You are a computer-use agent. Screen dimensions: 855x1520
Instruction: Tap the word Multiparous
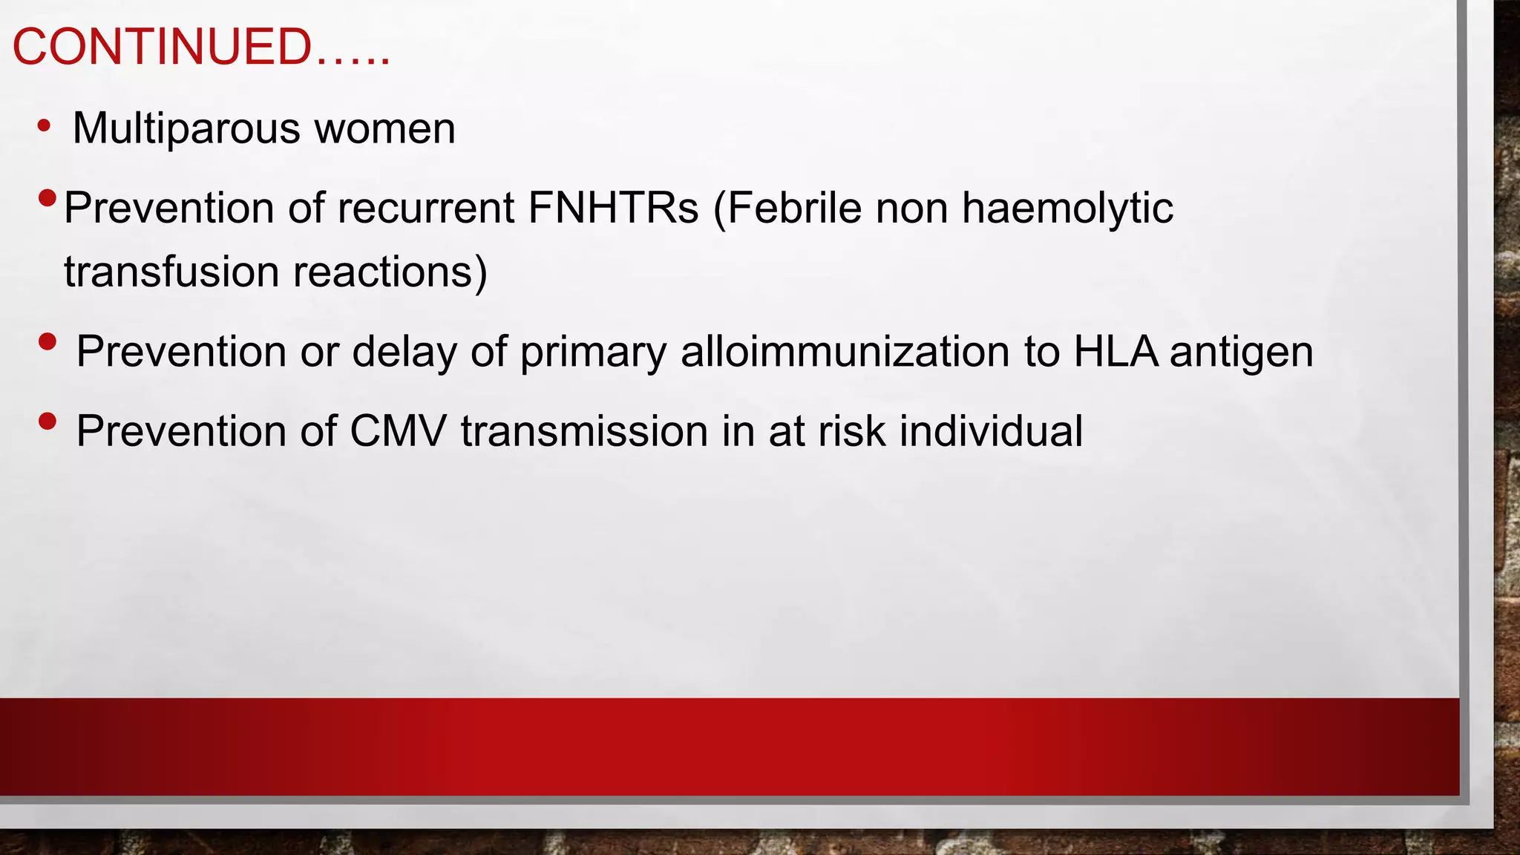(x=186, y=128)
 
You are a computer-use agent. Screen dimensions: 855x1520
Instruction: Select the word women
(x=384, y=128)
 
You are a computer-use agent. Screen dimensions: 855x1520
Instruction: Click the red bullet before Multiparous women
(x=45, y=125)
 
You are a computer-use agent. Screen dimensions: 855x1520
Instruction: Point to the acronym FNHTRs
(x=613, y=208)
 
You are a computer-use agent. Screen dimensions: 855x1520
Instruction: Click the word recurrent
(x=426, y=208)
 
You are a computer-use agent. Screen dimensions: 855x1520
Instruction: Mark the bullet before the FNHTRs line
(x=47, y=198)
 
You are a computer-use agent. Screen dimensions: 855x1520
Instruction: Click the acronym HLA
(x=1116, y=352)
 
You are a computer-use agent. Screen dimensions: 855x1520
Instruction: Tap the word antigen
(x=1242, y=352)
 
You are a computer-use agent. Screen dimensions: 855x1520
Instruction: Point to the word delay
(x=404, y=352)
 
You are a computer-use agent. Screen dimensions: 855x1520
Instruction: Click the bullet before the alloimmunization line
(x=47, y=341)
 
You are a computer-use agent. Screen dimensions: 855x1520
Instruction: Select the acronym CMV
(x=398, y=431)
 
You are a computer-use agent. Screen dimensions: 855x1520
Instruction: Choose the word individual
(x=991, y=431)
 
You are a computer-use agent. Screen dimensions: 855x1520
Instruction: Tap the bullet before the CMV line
(x=47, y=421)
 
